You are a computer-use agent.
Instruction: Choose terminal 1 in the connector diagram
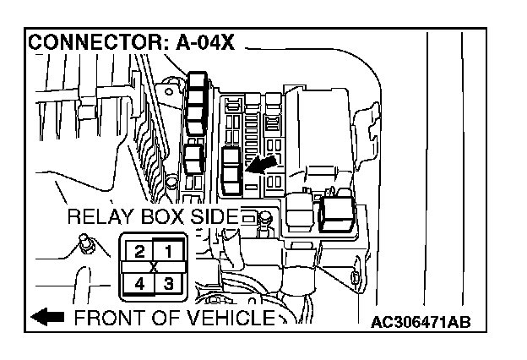(x=168, y=251)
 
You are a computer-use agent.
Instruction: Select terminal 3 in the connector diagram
(x=168, y=282)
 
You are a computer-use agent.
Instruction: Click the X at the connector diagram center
(x=154, y=267)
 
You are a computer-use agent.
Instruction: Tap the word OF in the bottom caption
(x=160, y=319)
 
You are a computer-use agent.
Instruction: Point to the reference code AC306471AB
(x=421, y=322)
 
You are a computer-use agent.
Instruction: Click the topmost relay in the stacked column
(x=197, y=81)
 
